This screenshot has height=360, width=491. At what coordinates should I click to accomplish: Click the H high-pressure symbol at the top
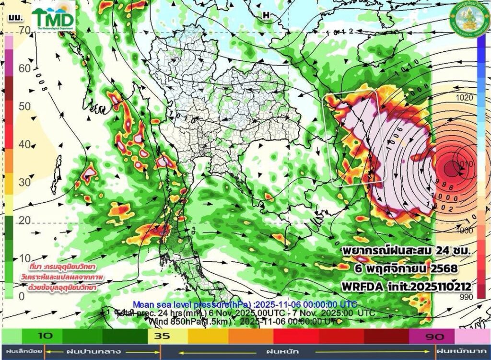point(266,15)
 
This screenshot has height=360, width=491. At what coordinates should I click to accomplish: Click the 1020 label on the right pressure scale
point(465,97)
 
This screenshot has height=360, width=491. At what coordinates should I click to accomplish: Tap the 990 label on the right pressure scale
point(465,297)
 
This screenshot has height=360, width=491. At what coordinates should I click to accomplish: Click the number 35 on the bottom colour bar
point(163,336)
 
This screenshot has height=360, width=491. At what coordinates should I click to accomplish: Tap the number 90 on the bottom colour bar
point(426,336)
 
